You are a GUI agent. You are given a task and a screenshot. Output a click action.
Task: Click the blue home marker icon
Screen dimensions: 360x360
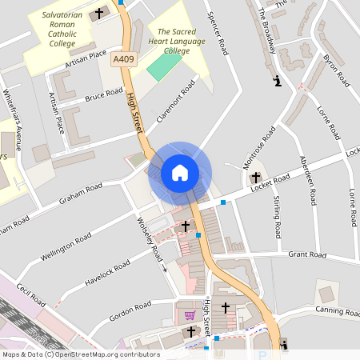[180, 172]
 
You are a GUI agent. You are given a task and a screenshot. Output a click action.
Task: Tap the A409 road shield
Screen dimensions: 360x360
[123, 58]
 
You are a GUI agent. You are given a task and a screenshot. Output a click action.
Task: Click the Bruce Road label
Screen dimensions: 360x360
[103, 95]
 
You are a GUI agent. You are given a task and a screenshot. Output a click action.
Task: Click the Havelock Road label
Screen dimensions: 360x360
[103, 274]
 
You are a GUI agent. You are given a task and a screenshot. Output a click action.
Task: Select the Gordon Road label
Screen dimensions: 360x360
[130, 308]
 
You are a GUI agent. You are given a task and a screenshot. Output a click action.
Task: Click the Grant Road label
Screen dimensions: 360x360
[307, 255]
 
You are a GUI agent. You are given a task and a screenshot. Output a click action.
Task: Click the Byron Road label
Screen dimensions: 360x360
[335, 70]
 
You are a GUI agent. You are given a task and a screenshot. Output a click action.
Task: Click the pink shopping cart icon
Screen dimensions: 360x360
[190, 315]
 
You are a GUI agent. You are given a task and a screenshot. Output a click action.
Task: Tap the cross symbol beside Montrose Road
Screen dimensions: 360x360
[256, 177]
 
